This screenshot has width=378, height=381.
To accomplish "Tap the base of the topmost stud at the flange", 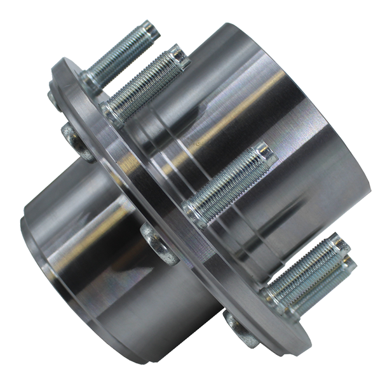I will coord(93,81).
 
